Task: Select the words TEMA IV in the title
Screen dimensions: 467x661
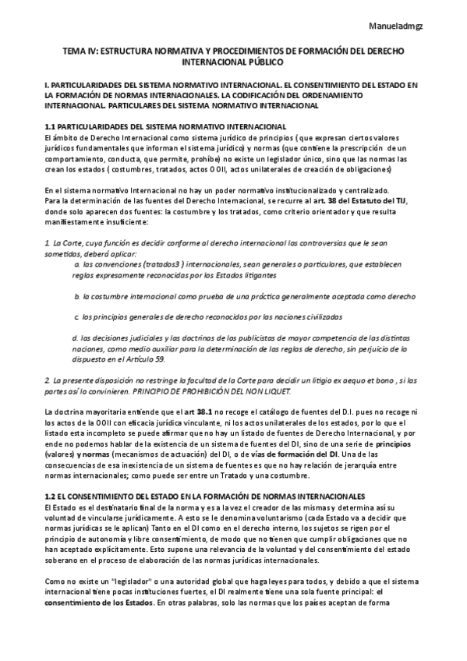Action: pyautogui.click(x=79, y=51)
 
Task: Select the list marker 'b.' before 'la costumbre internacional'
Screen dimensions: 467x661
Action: pyautogui.click(x=77, y=297)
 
